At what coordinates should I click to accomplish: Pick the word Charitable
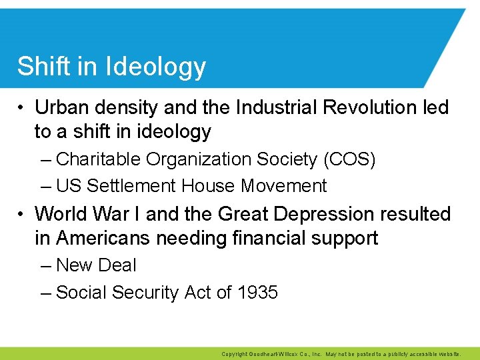tap(99, 159)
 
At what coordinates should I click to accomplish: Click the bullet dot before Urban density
tap(22, 107)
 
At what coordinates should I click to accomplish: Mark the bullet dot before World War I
tap(22, 215)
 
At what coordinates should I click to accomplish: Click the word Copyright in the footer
tap(235, 355)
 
